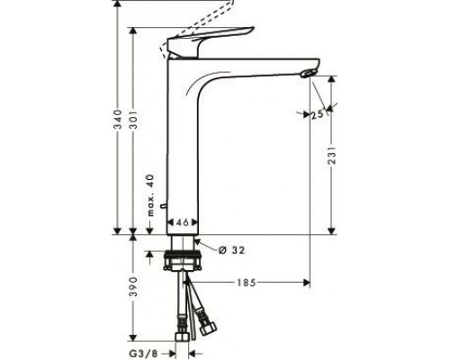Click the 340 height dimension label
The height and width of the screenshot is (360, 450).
coord(119,120)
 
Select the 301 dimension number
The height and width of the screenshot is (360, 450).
coord(133,120)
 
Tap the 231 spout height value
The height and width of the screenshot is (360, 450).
coord(332,155)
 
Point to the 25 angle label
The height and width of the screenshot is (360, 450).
coord(317,114)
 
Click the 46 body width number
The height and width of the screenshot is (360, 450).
coord(182,222)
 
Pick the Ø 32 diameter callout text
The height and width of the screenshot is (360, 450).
coord(231,250)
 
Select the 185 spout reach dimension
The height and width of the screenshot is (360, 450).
coord(247,283)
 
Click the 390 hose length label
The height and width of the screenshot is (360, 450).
coord(133,287)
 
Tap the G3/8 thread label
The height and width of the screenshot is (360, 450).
coord(143,354)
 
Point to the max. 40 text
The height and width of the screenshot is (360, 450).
coord(151,195)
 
